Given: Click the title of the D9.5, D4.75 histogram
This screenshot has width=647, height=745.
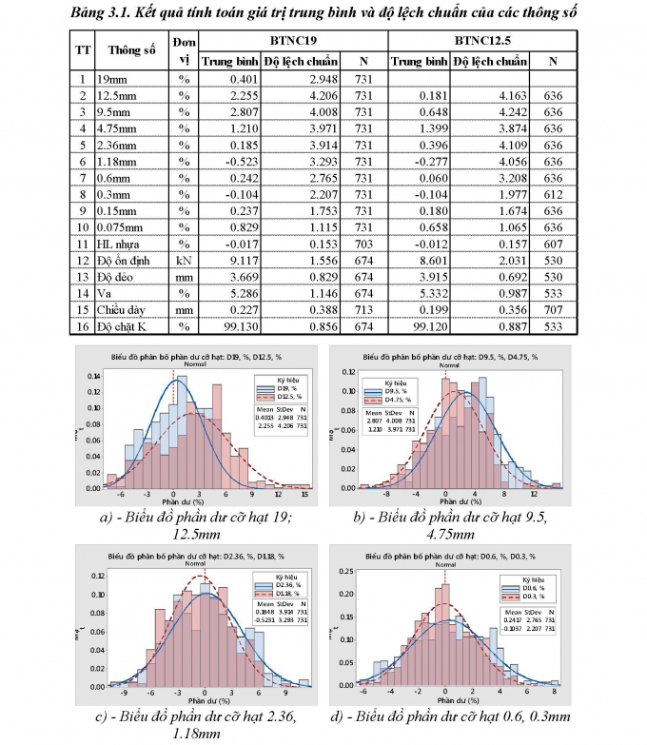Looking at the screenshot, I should click(447, 357).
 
